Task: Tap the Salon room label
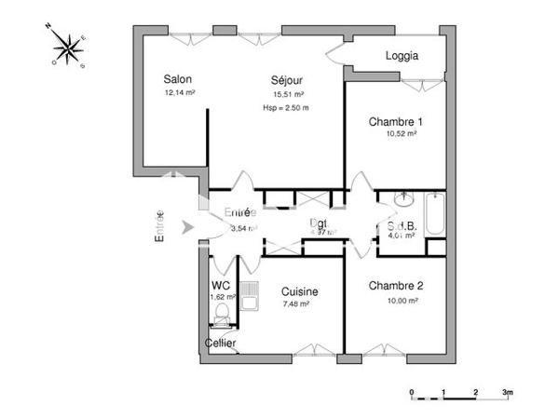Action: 178,79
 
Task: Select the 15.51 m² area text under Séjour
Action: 289,94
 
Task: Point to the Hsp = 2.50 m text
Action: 285,109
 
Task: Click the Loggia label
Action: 402,55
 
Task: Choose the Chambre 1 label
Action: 396,122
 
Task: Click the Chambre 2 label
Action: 396,286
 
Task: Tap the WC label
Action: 221,285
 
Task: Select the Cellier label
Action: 221,344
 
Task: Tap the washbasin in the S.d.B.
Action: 402,199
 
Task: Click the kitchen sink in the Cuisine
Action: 250,296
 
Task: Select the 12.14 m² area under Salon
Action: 179,93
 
